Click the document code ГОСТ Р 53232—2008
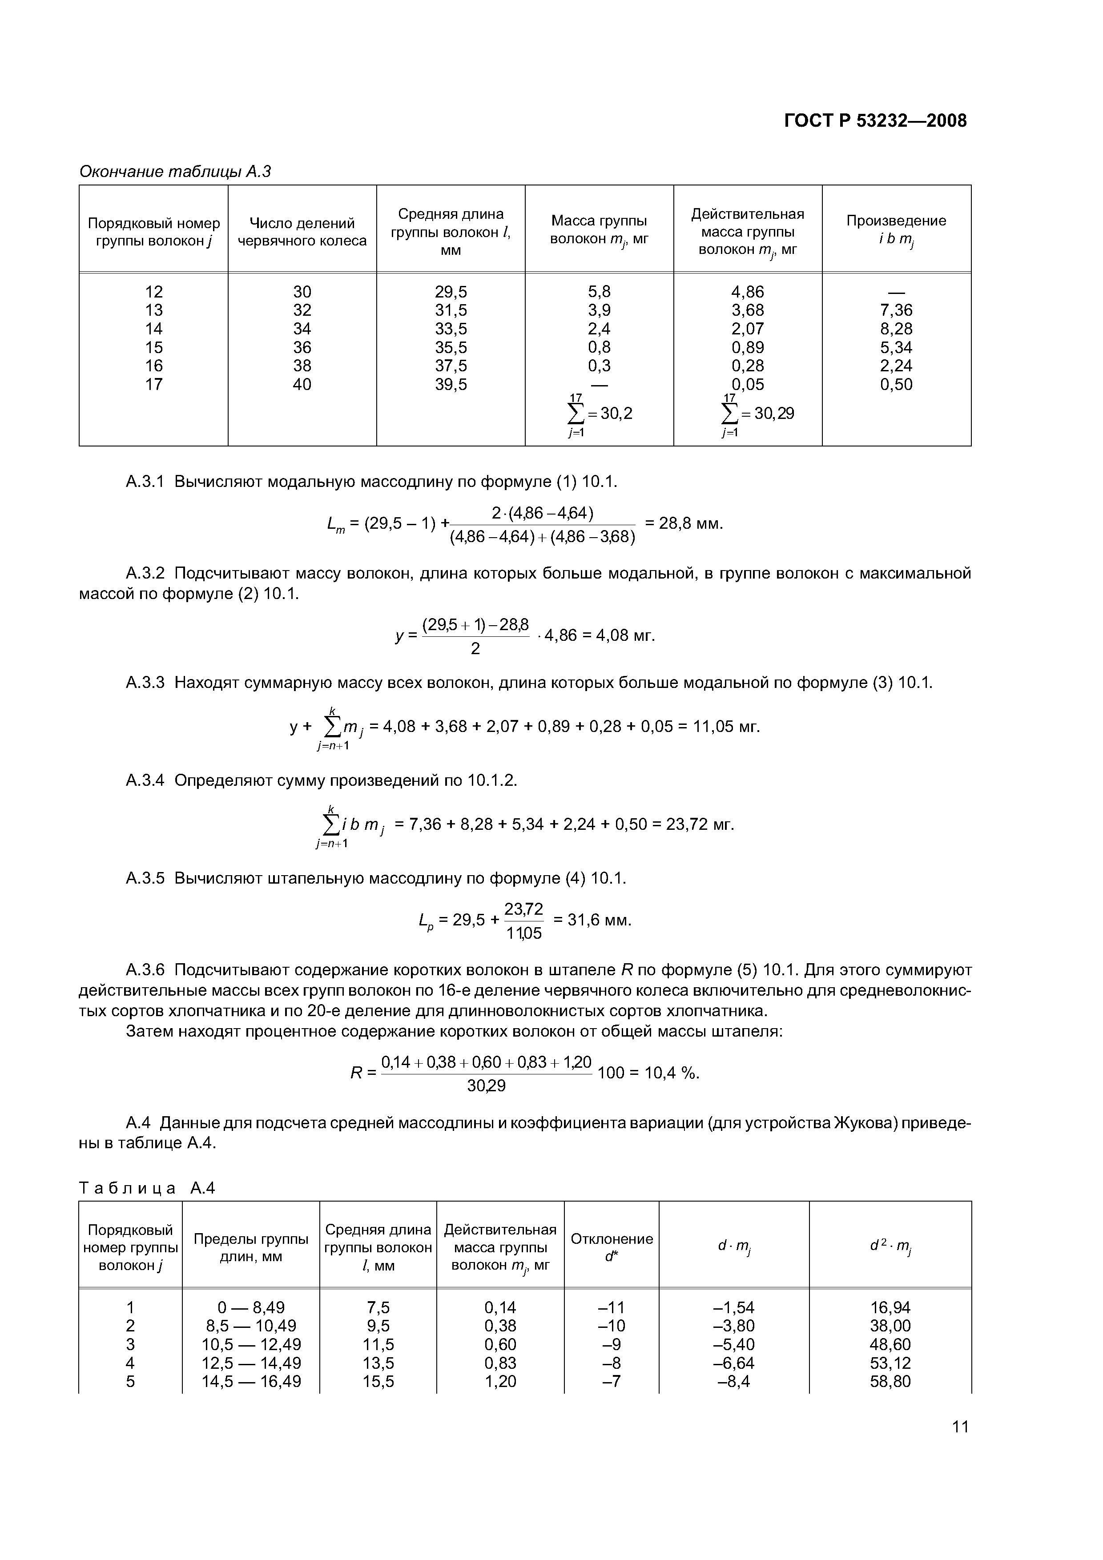[875, 121]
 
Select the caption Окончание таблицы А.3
[175, 172]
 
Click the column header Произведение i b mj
[896, 230]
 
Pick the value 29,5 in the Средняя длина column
[451, 292]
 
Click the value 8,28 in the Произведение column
[896, 329]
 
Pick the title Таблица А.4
[147, 1188]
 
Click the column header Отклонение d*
[611, 1247]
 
